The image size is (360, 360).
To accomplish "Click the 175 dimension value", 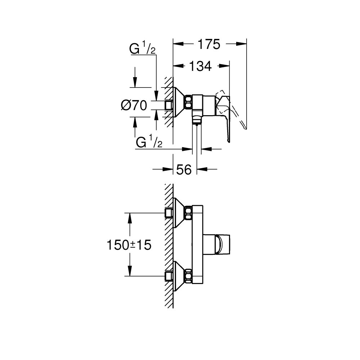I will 208,44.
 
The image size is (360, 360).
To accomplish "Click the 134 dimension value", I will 201,66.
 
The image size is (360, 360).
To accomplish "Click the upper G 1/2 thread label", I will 143,49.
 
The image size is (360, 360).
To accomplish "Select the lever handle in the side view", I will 225,115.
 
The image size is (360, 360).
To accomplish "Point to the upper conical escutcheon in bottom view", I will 179,212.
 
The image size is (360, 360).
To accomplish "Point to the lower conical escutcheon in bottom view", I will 179,276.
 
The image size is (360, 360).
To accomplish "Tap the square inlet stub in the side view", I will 168,105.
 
